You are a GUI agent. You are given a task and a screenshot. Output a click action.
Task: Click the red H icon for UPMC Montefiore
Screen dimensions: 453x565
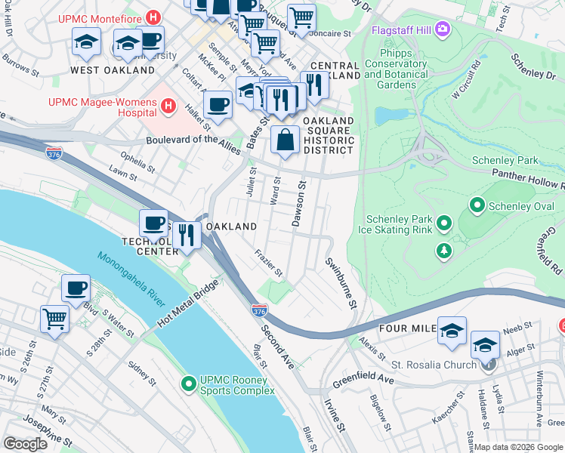coord(154,16)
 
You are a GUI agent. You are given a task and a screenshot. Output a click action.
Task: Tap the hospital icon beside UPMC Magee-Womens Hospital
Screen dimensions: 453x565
coord(168,109)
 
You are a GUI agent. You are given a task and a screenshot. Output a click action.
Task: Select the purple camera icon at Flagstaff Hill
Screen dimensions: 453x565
coord(442,30)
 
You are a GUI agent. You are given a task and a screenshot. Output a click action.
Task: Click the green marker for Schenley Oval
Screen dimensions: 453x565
coord(477,205)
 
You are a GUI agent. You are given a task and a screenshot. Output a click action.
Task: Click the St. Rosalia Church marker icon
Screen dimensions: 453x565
coord(489,365)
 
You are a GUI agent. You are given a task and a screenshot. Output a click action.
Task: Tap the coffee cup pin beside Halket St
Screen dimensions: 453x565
coord(218,104)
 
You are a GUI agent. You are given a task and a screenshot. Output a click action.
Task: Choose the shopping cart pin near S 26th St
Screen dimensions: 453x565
coord(55,318)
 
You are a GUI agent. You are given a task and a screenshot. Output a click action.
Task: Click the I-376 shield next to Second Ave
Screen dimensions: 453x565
coord(259,310)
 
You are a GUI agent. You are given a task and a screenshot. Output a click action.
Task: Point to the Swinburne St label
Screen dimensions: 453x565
coord(340,282)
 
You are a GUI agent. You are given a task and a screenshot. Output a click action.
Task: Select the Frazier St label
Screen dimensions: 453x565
coord(268,262)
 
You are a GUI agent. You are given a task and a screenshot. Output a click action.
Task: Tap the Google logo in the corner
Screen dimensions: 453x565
coord(26,444)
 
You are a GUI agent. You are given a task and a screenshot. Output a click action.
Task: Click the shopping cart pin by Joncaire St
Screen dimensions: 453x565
coord(301,17)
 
